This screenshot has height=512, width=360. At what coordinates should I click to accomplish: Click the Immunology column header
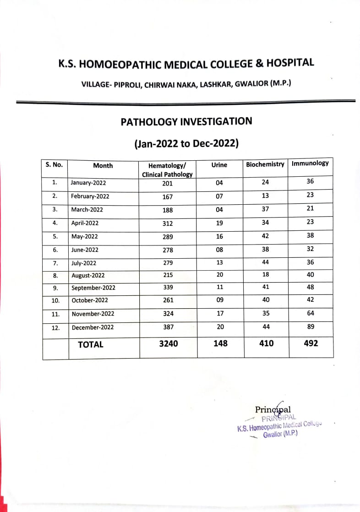310,163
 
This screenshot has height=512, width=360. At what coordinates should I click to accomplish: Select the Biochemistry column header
265,164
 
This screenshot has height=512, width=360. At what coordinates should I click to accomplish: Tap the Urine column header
219,165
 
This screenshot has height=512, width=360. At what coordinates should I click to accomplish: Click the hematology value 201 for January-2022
167,183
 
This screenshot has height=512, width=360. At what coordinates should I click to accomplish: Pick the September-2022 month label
93,288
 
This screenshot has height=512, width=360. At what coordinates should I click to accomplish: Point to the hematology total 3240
168,343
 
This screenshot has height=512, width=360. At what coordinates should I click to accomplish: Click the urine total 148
220,343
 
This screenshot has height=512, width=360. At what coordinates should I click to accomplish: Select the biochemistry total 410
266,343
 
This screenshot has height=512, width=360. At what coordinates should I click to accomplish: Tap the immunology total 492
311,343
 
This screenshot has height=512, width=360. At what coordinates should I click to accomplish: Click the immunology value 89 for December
310,327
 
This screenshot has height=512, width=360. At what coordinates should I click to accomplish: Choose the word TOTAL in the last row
91,344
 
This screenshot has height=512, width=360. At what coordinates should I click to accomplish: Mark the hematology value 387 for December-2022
168,327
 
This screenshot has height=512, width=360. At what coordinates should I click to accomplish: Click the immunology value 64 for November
310,313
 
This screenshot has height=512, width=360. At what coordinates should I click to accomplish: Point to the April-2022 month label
85,223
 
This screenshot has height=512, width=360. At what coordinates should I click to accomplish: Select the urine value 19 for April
219,223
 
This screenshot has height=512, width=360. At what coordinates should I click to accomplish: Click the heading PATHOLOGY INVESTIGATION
186,122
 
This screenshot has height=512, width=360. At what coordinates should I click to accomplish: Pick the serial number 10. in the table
55,300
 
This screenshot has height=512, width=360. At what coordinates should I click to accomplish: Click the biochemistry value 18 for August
266,274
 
